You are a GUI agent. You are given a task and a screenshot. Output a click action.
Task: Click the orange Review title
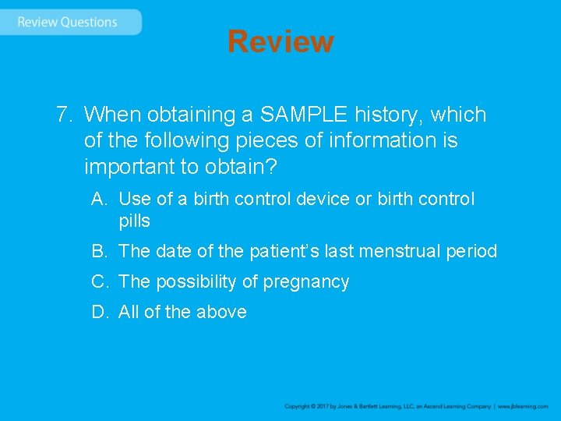(x=280, y=41)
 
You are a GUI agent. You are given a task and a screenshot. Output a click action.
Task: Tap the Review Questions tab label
(x=67, y=22)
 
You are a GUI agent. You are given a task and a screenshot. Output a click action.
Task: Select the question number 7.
(x=64, y=115)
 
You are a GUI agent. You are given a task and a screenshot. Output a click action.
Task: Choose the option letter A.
(x=98, y=199)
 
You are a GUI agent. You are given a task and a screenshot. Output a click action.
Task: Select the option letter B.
(x=98, y=251)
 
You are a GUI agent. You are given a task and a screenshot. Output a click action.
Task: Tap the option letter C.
(x=98, y=281)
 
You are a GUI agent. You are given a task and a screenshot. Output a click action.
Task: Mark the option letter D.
(x=98, y=312)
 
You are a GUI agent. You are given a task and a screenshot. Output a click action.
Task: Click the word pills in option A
(x=134, y=221)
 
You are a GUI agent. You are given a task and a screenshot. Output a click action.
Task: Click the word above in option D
(x=221, y=312)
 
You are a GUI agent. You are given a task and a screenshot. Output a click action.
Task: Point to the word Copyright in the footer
(x=299, y=406)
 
